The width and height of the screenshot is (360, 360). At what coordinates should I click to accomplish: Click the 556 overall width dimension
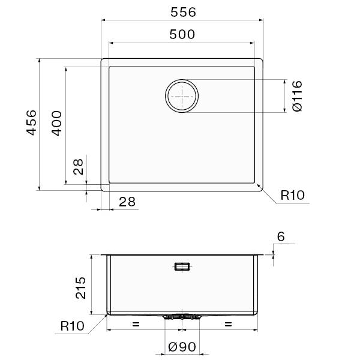pos(183,12)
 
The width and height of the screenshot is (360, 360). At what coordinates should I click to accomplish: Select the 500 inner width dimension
pos(182,34)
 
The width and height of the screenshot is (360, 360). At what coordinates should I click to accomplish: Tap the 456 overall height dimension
pos(31,123)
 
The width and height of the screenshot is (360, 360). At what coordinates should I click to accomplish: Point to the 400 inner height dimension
pos(56,123)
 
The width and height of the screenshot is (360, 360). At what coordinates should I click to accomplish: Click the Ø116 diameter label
pos(298,96)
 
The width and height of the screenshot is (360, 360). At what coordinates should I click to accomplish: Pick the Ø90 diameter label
pos(182,347)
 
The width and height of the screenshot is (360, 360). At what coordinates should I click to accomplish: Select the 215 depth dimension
pos(80,287)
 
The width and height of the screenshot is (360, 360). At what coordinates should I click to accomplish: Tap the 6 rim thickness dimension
pos(281,236)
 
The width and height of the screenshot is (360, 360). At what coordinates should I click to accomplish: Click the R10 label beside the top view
pos(293,195)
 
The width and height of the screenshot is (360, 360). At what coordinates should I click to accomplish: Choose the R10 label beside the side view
pos(73,326)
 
